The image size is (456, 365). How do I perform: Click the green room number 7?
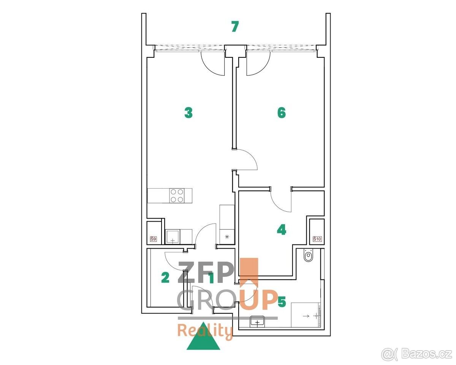pos(235,27)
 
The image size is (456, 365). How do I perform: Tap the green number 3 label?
pos(188,113)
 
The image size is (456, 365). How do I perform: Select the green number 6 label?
pos(282,113)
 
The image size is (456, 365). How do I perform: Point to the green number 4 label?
pos(282,230)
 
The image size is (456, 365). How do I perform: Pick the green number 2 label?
pos(165,278)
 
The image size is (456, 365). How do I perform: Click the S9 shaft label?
pos(153,239)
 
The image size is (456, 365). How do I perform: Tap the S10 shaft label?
pos(317,239)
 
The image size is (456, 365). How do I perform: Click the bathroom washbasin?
pos(257,322)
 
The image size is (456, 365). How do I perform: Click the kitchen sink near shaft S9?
pos(173,237)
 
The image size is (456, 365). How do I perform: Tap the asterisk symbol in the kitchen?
pos(227,237)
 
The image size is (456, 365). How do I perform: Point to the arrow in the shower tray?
pos(306,316)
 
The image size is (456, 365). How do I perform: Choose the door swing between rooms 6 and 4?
pos(280,205)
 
